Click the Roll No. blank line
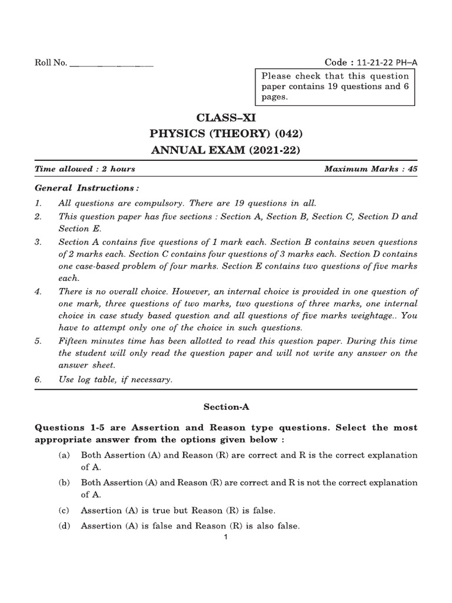tap(111, 64)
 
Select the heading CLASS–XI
tap(226, 117)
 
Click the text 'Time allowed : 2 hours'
tap(85, 169)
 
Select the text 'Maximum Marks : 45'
tap(371, 169)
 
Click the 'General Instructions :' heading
tap(87, 188)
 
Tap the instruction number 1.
tap(38, 203)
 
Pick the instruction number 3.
tap(38, 242)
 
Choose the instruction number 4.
tap(38, 291)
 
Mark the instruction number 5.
tap(38, 341)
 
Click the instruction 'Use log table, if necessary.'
tap(115, 380)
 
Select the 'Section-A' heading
tap(226, 406)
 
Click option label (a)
tap(63, 455)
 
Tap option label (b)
tap(63, 483)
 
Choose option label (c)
tap(63, 511)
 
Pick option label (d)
tap(63, 526)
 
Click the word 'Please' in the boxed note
tap(275, 76)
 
